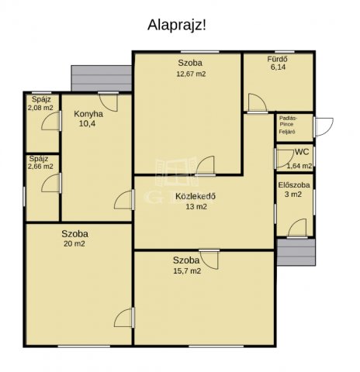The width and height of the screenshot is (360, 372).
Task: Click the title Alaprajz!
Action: click(x=177, y=26)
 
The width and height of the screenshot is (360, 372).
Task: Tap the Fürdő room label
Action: click(x=277, y=59)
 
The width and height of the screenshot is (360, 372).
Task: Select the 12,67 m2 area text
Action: click(x=191, y=74)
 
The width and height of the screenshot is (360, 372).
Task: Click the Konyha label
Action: click(x=88, y=114)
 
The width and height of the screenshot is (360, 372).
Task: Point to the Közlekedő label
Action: click(x=196, y=196)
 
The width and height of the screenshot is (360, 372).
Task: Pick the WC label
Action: click(x=302, y=152)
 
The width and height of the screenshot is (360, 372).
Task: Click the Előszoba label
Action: click(x=294, y=185)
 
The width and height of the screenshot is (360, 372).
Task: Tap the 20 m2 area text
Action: click(x=74, y=243)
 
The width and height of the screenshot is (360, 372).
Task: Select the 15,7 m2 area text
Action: click(x=187, y=270)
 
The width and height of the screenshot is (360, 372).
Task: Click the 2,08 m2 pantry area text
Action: click(x=40, y=108)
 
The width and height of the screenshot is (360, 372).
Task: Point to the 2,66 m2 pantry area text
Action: click(x=40, y=167)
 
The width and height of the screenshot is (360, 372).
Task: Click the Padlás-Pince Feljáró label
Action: click(x=288, y=125)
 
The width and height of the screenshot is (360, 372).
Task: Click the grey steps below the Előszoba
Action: click(x=296, y=252)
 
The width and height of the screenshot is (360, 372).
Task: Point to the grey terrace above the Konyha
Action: click(x=102, y=78)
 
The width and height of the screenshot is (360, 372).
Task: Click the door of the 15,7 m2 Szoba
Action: click(x=209, y=260)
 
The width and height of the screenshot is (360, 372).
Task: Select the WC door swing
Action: click(x=285, y=159)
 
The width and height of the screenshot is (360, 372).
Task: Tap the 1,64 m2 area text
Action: click(x=299, y=166)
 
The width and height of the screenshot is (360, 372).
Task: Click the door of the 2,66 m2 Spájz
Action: click(x=51, y=183)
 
